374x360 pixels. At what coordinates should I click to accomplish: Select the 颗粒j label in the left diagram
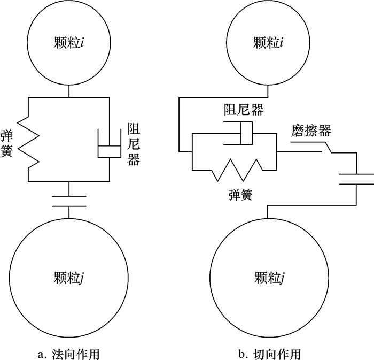(x=70, y=278)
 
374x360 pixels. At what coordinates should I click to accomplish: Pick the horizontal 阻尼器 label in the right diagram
(x=243, y=111)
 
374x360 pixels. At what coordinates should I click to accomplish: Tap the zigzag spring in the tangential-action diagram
(x=237, y=169)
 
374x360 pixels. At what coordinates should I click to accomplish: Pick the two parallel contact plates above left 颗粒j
(x=69, y=201)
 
